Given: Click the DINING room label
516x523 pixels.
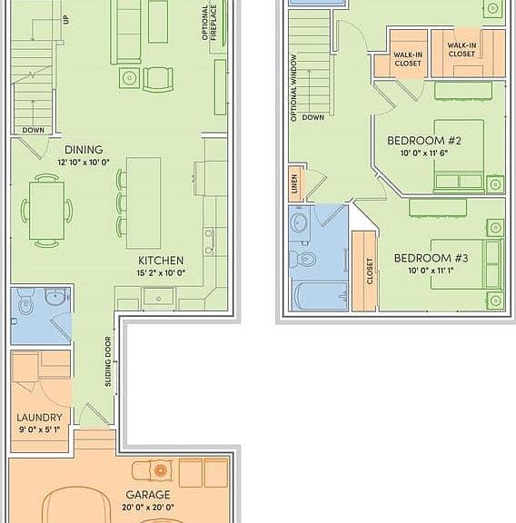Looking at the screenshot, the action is [84, 150].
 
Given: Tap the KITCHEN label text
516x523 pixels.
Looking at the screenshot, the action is [161, 261].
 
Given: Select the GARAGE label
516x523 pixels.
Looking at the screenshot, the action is [148, 494].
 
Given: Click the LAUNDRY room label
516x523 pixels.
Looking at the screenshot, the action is [39, 418].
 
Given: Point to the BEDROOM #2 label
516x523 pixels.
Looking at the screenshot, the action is [424, 141].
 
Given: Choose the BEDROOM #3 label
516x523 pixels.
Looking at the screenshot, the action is [431, 258].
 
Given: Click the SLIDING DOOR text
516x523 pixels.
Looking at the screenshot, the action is [108, 361].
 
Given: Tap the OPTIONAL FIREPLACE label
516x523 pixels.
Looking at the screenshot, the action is [209, 23].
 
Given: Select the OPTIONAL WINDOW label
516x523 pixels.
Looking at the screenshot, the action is [293, 88].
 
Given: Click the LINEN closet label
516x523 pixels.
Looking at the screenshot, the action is [294, 184].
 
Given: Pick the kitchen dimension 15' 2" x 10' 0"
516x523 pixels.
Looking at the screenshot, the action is [161, 272].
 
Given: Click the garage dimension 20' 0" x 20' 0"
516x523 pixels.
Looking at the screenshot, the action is [148, 508].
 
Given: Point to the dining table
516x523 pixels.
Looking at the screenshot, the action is [46, 211].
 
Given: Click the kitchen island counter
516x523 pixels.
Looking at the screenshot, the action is [144, 203].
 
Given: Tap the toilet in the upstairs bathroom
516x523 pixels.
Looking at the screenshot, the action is [303, 259].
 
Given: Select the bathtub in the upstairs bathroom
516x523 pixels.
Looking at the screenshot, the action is [320, 296].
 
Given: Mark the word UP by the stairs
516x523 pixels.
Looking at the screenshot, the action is [66, 20].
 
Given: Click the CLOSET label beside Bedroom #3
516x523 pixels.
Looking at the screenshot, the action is [370, 271].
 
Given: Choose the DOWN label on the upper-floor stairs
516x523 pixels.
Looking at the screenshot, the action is [313, 117].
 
